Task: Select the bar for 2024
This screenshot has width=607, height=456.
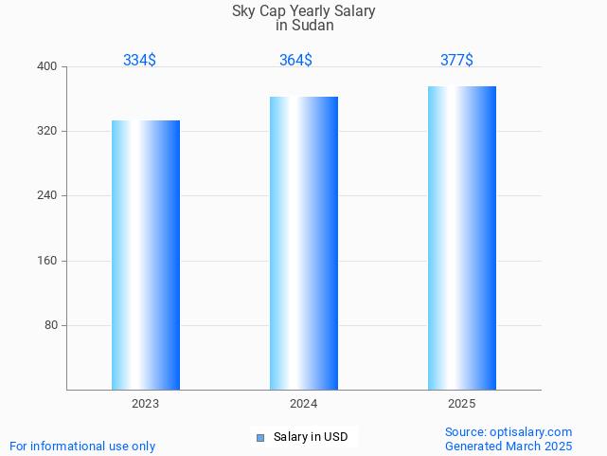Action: click(x=304, y=243)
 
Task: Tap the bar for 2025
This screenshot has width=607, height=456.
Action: click(x=462, y=237)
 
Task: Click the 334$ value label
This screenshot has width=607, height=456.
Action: click(x=139, y=61)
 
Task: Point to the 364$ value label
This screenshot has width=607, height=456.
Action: click(x=295, y=61)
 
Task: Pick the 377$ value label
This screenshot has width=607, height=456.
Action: click(x=456, y=61)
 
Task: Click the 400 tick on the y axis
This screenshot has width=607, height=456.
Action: click(x=47, y=66)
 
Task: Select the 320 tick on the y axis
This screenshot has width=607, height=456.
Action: click(x=47, y=131)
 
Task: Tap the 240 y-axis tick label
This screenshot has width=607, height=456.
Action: click(x=47, y=196)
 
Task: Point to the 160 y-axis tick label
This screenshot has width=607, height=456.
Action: click(x=47, y=261)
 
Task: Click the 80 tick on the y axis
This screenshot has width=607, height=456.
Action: click(x=51, y=325)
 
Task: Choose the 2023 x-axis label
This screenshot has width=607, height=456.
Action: click(x=146, y=404)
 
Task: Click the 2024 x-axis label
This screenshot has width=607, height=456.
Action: click(x=304, y=404)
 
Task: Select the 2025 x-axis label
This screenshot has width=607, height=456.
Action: click(x=462, y=404)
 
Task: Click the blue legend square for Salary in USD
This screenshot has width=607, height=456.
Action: click(x=260, y=437)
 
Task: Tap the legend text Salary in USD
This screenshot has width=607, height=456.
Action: click(x=311, y=437)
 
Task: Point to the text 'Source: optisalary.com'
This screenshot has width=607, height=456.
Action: click(x=509, y=432)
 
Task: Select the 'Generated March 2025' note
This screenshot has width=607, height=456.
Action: click(x=509, y=447)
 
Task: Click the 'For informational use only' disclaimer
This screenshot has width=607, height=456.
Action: click(x=82, y=447)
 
